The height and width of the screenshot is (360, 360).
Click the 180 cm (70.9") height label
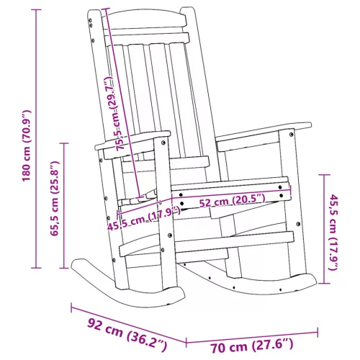click(27, 145)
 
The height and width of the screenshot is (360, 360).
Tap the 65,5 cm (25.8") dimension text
click(54, 199)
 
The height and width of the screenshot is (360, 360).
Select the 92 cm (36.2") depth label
click(127, 335)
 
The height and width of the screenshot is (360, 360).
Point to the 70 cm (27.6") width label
click(252, 346)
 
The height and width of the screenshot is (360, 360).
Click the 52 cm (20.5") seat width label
click(233, 201)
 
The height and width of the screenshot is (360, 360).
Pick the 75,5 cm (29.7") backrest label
click(114, 114)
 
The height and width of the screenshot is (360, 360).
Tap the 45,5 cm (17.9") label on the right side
click(334, 233)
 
